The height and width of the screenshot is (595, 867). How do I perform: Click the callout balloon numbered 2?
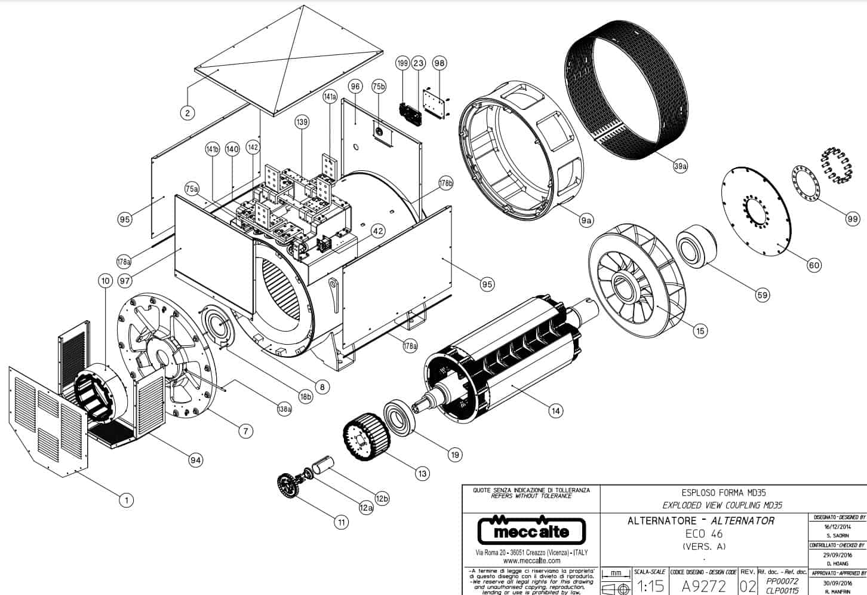point(187,112)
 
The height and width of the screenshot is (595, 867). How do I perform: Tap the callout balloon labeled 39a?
point(680,167)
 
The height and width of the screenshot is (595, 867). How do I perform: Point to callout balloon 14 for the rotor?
point(556,410)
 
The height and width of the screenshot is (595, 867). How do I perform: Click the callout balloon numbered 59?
point(762,295)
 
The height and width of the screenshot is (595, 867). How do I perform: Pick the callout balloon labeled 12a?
point(366,508)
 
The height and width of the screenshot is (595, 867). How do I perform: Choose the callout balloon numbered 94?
point(195,459)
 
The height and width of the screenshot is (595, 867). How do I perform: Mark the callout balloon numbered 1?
point(126,500)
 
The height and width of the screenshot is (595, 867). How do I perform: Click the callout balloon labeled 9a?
point(586,220)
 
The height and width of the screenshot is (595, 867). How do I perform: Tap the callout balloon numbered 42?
point(377,231)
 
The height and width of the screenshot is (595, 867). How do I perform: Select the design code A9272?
point(705,585)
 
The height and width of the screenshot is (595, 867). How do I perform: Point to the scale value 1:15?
point(650,586)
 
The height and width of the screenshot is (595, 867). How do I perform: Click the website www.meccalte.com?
point(531,561)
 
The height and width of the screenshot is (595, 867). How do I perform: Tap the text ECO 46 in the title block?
point(703,533)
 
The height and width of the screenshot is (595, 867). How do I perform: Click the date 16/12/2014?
point(836,527)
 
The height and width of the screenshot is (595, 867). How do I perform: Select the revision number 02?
point(748,586)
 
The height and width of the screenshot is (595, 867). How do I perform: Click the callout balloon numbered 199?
point(402,63)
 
